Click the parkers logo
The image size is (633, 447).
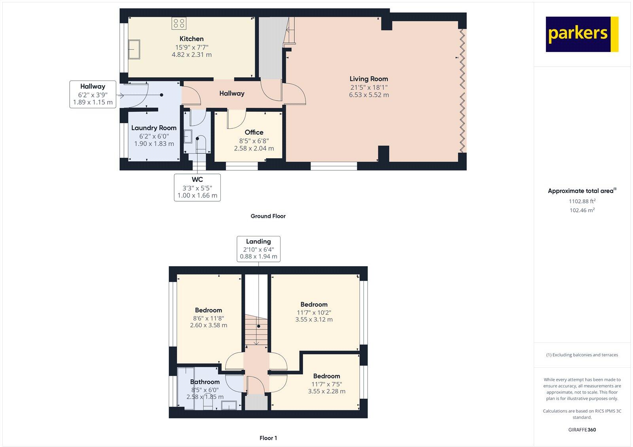582,34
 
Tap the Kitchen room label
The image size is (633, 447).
191,39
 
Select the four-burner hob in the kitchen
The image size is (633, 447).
179,23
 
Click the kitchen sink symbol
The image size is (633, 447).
134,49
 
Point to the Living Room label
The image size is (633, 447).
369,79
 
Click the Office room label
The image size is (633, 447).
254,132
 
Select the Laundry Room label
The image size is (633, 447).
154,128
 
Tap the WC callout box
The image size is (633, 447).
197,187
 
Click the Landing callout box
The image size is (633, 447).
259,249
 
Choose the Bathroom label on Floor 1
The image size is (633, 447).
205,382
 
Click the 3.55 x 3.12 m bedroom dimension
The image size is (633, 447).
314,320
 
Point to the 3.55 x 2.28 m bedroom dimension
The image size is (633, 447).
327,391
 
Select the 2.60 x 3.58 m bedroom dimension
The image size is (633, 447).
208,325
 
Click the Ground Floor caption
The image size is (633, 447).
268,216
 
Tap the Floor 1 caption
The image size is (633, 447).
268,438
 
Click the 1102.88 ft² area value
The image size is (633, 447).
582,201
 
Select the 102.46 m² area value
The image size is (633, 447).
582,210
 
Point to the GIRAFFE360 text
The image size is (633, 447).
582,430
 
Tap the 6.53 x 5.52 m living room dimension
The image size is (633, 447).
369,95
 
